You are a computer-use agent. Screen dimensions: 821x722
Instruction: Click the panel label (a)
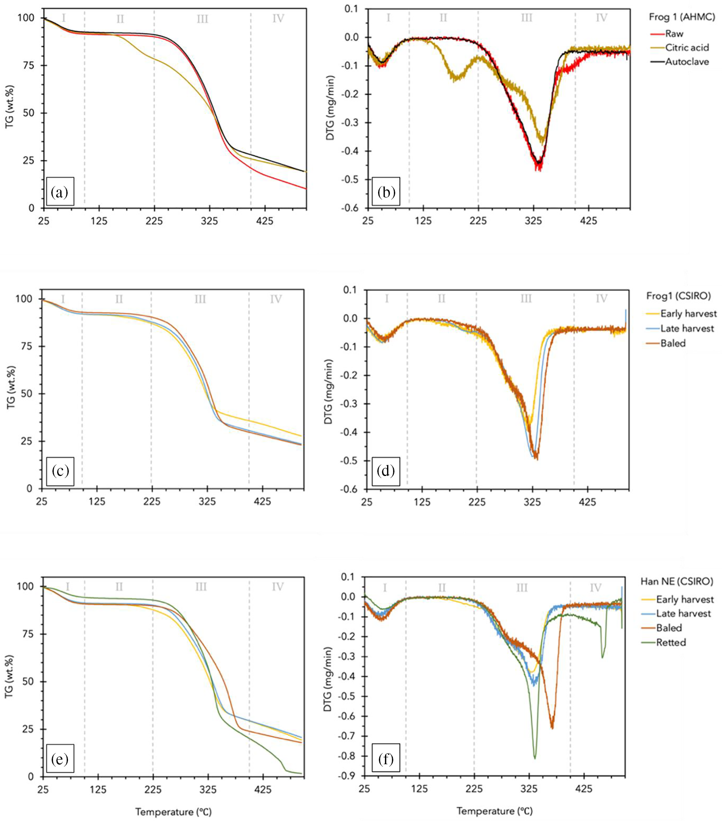[60, 193]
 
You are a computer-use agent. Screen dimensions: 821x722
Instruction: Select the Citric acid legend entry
[687, 48]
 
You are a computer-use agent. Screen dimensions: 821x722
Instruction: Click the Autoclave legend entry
[687, 62]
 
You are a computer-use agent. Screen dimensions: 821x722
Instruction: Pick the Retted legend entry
[671, 642]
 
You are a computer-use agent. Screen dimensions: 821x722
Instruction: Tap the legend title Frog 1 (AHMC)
[682, 18]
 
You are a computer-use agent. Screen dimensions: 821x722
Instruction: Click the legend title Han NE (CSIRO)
[677, 581]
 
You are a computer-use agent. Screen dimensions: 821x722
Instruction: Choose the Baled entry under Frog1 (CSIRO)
[673, 343]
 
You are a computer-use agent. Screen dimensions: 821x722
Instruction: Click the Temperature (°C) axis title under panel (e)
[173, 811]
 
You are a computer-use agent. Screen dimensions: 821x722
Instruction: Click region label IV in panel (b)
[601, 18]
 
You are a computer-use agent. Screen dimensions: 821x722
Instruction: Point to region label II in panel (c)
[119, 299]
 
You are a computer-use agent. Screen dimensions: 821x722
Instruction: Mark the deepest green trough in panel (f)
[535, 758]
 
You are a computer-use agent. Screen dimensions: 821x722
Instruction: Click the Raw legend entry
[674, 34]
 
